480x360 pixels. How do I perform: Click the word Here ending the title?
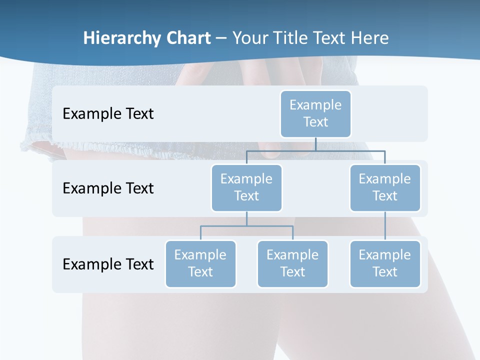(x=369, y=38)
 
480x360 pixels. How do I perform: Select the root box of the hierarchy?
(x=315, y=113)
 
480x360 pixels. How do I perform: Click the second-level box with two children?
(x=246, y=187)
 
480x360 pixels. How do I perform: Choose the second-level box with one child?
(x=385, y=187)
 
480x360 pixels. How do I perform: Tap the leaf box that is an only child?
(x=385, y=263)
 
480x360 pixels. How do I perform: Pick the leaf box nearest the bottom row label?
(x=200, y=263)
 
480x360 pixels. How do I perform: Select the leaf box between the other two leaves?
(x=292, y=263)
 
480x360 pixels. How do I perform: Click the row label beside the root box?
(x=108, y=113)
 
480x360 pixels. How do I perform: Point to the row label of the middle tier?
(x=108, y=188)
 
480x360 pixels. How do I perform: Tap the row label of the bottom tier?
(x=108, y=264)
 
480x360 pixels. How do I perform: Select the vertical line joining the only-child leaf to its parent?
(x=385, y=226)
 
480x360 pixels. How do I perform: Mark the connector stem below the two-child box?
(x=246, y=218)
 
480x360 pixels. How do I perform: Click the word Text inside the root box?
(x=315, y=122)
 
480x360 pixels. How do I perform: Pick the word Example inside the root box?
(x=315, y=105)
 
